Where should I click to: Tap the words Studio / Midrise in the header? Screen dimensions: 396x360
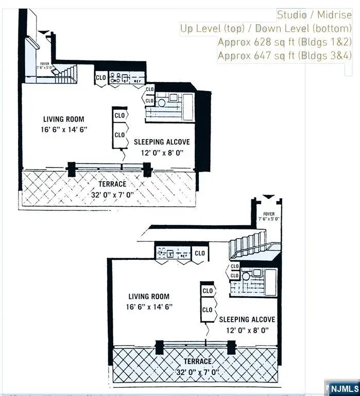coord(314,15)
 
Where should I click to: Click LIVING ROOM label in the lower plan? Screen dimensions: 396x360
coord(149,296)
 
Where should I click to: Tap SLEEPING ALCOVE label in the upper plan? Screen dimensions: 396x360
coord(162,142)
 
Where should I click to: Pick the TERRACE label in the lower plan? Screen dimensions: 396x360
coord(197,361)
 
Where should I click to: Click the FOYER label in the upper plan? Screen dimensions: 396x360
coord(44,63)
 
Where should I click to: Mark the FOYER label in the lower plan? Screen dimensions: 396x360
coord(269,214)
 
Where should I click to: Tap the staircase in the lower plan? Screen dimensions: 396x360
coord(247,245)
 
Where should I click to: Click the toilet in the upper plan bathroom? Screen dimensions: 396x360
coord(162,103)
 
